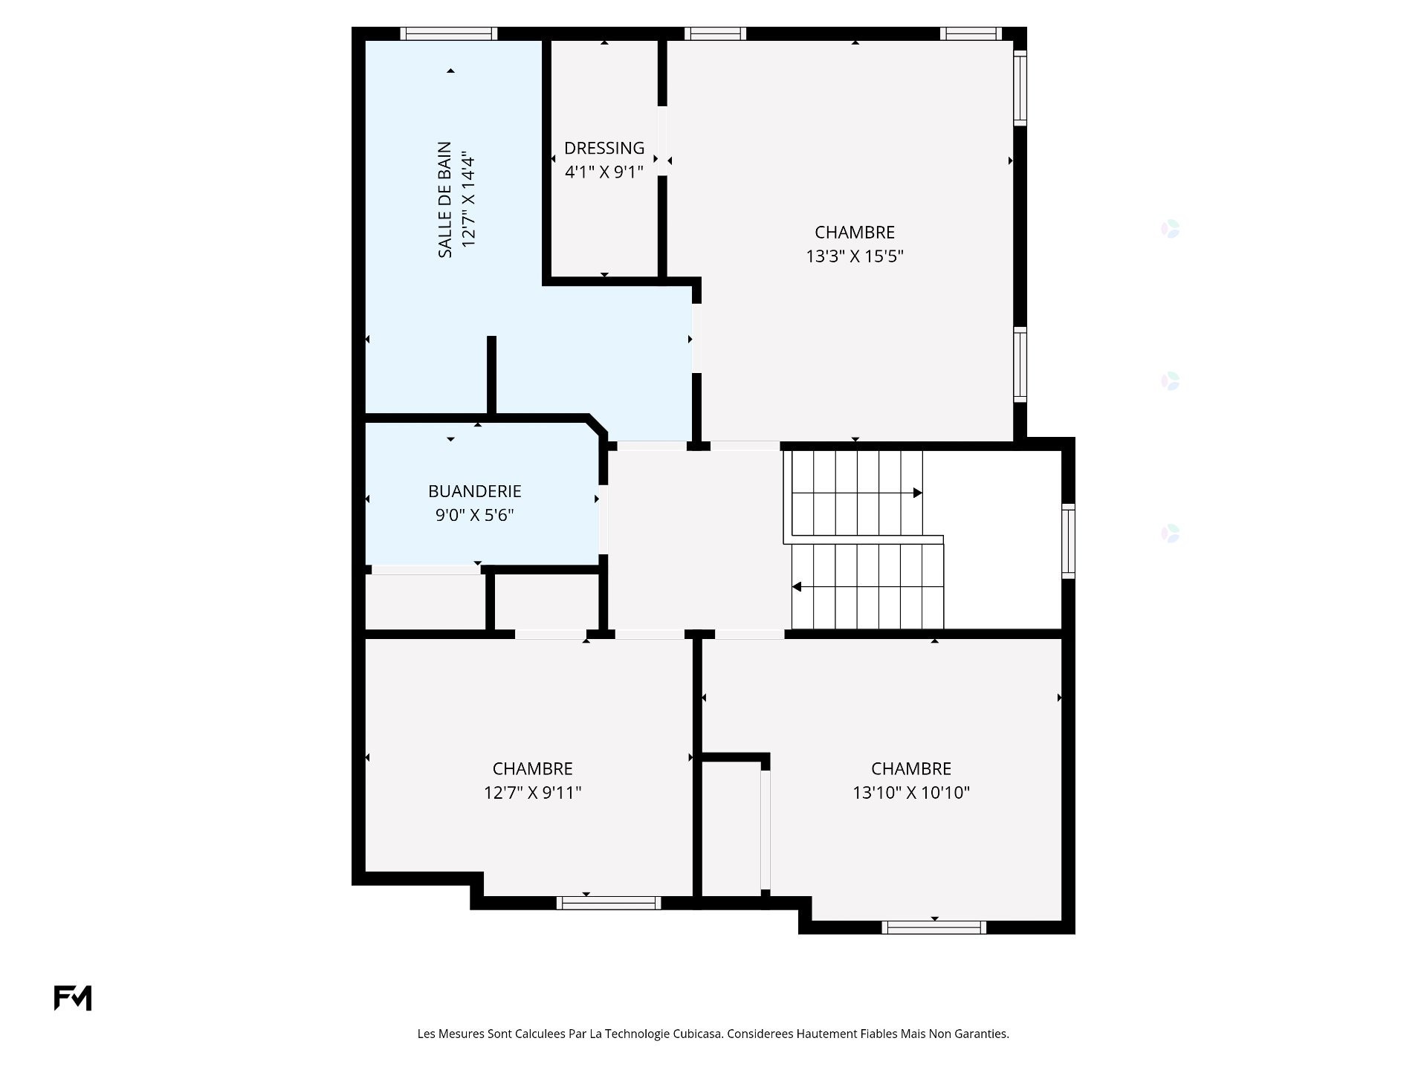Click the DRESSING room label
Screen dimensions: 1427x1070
pos(604,148)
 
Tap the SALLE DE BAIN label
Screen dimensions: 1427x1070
pos(444,200)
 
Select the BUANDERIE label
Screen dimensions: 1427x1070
pos(475,491)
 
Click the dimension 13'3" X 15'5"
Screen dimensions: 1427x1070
pos(855,256)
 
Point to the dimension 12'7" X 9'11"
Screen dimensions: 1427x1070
pos(533,793)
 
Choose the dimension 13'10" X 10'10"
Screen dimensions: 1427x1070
pos(911,793)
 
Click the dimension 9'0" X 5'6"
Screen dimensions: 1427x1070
pos(475,515)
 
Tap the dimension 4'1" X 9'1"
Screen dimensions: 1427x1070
pos(604,172)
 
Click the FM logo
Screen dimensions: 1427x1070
pos(73,998)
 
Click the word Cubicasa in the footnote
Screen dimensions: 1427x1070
pos(697,1034)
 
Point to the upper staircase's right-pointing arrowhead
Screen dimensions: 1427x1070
pos(918,493)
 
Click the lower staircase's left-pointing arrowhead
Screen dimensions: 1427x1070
pos(797,587)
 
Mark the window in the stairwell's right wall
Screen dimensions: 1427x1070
pos(1068,541)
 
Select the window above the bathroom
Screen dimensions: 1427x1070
pos(449,33)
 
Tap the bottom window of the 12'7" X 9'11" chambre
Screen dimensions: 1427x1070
pos(609,903)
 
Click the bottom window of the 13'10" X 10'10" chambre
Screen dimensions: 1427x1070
pos(933,927)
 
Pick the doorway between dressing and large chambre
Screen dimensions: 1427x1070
pos(662,141)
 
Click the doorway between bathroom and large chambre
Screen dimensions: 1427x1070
pos(696,338)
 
